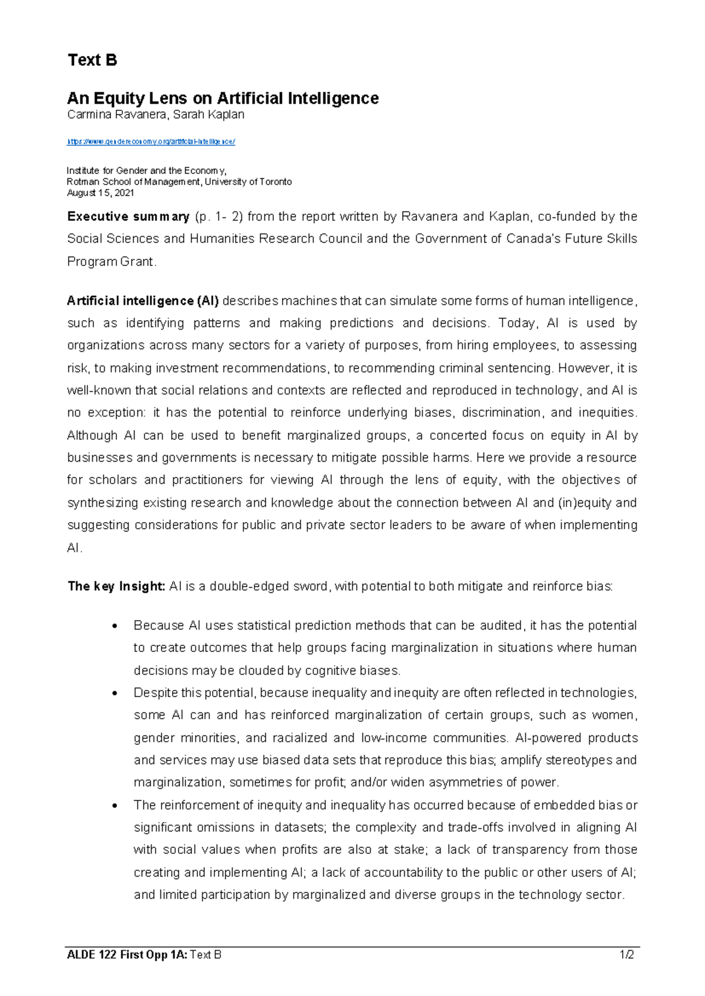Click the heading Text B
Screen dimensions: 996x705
pyautogui.click(x=92, y=60)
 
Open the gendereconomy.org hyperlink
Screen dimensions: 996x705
pyautogui.click(x=151, y=142)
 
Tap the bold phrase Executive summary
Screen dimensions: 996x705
pyautogui.click(x=128, y=217)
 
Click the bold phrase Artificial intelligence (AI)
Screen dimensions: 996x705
pyautogui.click(x=143, y=301)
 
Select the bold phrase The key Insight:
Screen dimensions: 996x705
pyautogui.click(x=116, y=586)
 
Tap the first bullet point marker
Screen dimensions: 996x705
pyautogui.click(x=115, y=626)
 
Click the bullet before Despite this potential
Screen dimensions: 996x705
pyautogui.click(x=115, y=693)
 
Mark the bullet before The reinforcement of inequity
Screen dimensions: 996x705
pyautogui.click(x=115, y=806)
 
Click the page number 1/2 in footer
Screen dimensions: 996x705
pyautogui.click(x=626, y=955)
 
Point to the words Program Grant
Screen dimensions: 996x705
pyautogui.click(x=111, y=261)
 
